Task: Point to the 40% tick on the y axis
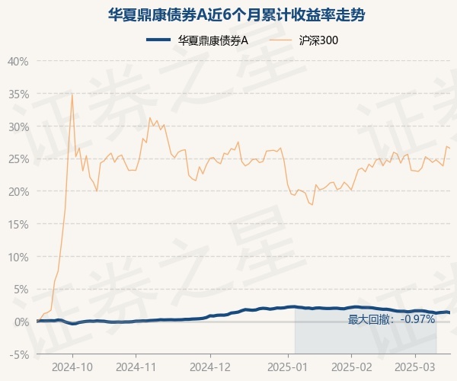tap(18, 61)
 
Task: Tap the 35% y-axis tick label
tap(18, 94)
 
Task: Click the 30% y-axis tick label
tap(18, 126)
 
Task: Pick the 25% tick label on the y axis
tap(18, 159)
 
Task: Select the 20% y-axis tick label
tap(18, 191)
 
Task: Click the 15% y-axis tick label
tap(18, 224)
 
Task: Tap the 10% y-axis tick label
tap(18, 257)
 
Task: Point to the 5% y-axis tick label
tap(21, 290)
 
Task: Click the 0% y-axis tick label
tap(21, 322)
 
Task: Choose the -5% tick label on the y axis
tap(19, 354)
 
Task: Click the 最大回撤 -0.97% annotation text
tap(391, 319)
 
